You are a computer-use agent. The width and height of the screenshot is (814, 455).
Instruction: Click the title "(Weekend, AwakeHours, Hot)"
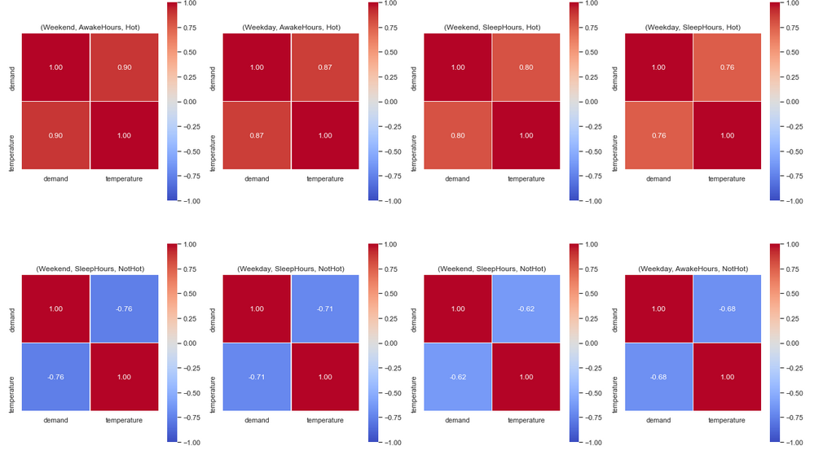coord(90,28)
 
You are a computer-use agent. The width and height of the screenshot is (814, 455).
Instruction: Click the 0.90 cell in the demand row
coord(124,68)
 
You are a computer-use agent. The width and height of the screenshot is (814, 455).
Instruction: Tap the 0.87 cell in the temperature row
coord(257,135)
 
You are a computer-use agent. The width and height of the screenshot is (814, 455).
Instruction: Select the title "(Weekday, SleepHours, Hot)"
coord(693,28)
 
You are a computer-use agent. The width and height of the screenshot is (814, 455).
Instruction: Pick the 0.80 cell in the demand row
coord(526,68)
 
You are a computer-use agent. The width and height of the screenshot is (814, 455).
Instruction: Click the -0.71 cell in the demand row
coord(325,309)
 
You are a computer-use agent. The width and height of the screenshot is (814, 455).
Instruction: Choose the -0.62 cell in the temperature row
coord(459,377)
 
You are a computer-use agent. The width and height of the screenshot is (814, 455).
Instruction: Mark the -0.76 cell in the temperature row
coord(56,377)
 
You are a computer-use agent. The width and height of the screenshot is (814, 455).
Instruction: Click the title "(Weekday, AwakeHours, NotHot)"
coord(693,269)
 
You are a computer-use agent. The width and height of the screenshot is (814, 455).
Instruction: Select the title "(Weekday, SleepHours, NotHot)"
coord(291,269)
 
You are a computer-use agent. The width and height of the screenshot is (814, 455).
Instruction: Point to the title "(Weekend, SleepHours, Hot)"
coord(492,28)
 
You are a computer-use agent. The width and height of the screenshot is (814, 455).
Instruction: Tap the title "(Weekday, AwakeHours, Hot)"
coord(291,28)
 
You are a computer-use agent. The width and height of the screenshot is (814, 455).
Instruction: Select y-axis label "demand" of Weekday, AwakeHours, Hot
coord(214,68)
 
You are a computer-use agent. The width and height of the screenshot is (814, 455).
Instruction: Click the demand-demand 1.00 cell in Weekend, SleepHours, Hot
coord(459,68)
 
